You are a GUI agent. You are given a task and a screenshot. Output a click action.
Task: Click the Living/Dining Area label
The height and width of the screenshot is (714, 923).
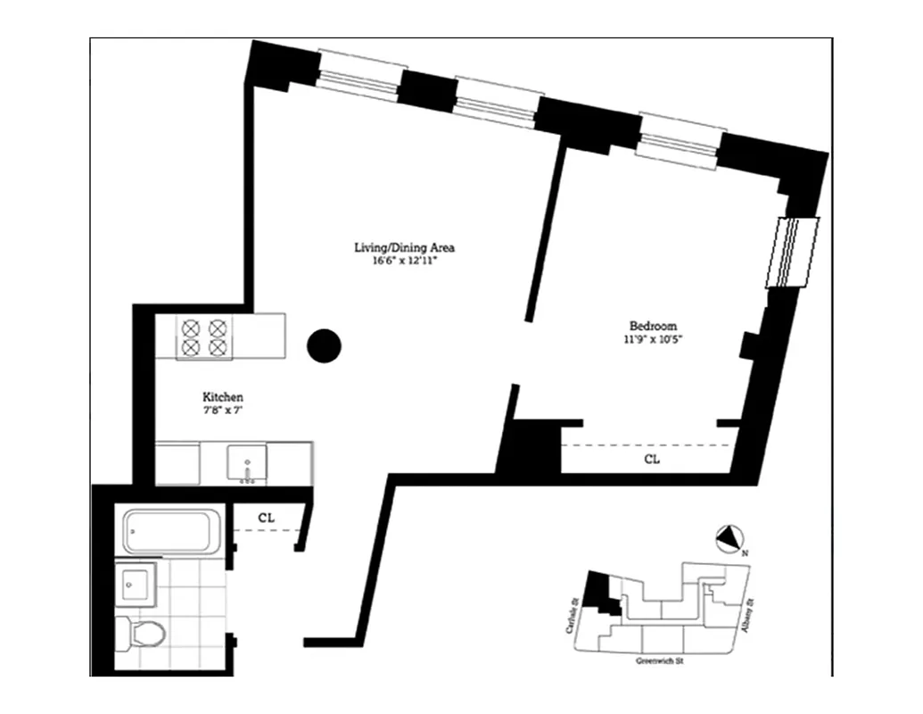click(405, 247)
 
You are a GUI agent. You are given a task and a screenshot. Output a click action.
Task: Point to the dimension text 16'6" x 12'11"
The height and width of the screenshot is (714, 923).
click(405, 261)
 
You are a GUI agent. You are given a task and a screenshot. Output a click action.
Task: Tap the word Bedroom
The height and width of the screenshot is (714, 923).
click(653, 326)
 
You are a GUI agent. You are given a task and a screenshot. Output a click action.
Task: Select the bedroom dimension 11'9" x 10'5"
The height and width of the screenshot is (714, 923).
click(653, 339)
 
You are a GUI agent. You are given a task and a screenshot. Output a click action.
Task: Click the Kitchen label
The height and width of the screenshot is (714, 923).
click(223, 397)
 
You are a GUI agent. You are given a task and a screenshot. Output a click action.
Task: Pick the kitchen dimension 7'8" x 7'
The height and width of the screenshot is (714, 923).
click(223, 411)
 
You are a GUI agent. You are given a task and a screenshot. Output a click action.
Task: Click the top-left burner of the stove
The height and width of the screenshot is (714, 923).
click(191, 327)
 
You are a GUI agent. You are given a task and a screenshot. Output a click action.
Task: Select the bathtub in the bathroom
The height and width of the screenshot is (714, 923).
click(170, 532)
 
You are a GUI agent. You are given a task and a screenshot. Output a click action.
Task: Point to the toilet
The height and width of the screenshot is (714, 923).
click(142, 634)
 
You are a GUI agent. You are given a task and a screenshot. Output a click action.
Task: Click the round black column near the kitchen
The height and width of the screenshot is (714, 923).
click(324, 345)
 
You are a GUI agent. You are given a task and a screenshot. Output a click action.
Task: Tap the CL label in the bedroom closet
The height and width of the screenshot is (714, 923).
click(653, 460)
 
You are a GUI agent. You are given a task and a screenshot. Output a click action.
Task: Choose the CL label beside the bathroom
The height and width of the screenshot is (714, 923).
click(266, 517)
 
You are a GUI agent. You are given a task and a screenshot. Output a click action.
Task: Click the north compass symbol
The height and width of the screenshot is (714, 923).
click(729, 538)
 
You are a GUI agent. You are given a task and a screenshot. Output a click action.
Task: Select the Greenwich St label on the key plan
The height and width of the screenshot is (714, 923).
click(663, 661)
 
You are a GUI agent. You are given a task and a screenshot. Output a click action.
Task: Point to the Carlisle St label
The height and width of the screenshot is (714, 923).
click(574, 615)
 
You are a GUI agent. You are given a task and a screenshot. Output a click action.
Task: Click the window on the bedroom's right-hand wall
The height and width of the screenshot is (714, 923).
click(792, 253)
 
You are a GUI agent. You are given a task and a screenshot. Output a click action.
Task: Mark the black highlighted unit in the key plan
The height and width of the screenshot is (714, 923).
click(605, 594)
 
